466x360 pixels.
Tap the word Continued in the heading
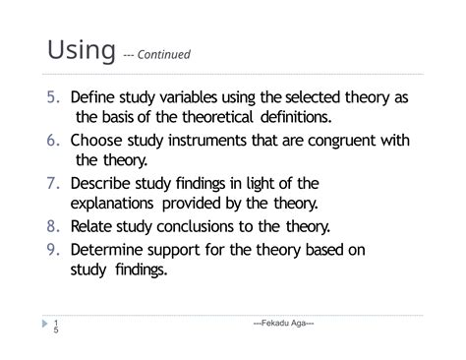(x=163, y=55)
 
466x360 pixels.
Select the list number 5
(x=55, y=98)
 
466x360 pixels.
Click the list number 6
(x=55, y=140)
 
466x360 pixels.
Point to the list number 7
(x=55, y=183)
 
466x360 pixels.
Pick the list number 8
(x=55, y=226)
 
